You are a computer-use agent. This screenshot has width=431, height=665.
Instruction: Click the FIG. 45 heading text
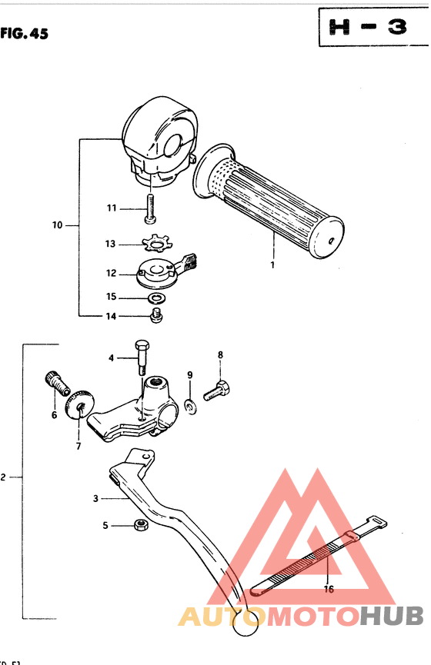click(24, 34)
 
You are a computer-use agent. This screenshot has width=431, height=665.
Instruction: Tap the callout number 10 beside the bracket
click(58, 225)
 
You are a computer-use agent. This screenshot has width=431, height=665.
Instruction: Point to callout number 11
click(112, 208)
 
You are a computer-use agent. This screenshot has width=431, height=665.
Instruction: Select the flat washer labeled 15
click(157, 298)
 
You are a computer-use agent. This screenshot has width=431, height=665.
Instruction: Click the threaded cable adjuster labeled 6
click(56, 381)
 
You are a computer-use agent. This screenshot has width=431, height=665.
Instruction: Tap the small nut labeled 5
click(142, 526)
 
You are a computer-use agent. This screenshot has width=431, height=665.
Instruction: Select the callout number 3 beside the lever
click(96, 498)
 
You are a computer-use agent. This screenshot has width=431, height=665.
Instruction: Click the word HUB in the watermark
click(393, 615)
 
